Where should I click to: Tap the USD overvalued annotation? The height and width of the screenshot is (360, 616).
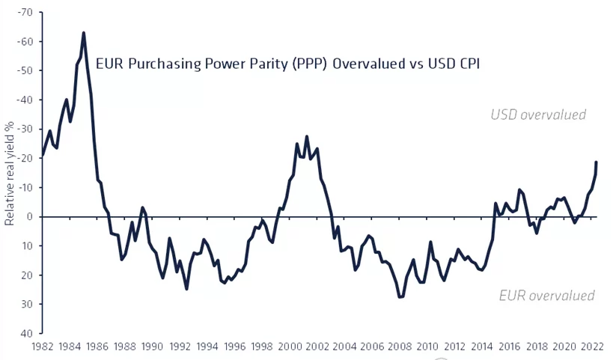[538, 115]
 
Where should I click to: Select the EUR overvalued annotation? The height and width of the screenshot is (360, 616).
[546, 296]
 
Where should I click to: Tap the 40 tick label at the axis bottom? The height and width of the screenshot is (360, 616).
[26, 334]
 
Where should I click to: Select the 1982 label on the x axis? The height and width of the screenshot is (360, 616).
[43, 347]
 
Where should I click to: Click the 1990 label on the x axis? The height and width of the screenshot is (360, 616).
[153, 347]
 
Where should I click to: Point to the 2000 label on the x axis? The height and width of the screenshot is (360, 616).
[290, 347]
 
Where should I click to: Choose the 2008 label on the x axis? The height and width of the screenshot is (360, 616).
[400, 347]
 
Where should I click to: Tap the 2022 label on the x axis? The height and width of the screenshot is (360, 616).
[592, 347]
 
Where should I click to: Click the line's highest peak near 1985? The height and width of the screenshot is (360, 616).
[83, 32]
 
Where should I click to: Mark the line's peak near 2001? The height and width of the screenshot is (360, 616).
[307, 137]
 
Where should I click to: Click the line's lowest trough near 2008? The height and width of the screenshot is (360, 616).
[400, 297]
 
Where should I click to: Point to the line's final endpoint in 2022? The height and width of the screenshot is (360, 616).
[597, 162]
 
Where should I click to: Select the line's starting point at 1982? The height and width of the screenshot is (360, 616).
[43, 155]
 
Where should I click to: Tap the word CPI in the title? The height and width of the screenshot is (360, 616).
[465, 64]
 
